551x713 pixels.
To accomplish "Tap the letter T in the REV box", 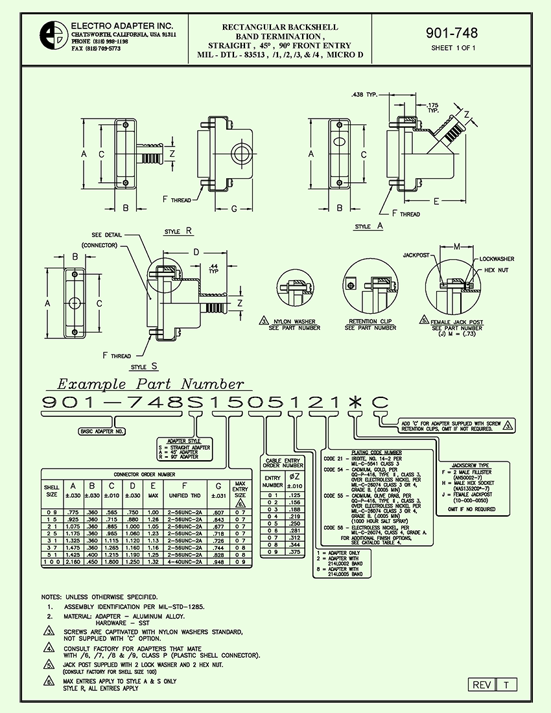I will tap(506, 685).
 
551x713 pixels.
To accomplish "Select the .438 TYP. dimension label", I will tap(364, 94).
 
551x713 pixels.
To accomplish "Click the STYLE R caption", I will tap(179, 231).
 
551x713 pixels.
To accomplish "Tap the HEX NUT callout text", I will tap(497, 269).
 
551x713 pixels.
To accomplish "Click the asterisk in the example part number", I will tap(354, 403).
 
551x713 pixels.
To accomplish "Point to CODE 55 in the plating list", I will tap(334, 496).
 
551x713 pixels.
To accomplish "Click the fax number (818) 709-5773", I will tap(96, 49).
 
